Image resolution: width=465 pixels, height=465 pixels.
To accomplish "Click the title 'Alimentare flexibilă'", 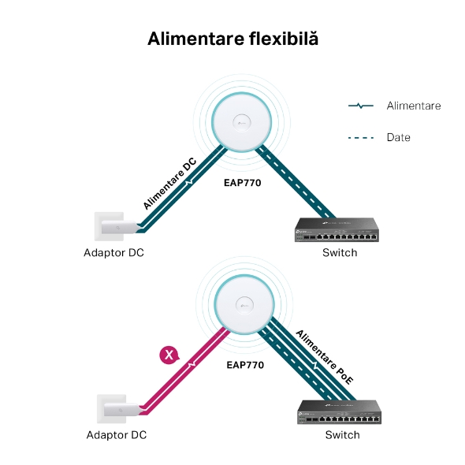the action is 232,39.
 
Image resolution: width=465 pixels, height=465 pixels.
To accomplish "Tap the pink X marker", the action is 169,355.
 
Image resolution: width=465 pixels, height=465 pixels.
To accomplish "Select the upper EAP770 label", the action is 242,183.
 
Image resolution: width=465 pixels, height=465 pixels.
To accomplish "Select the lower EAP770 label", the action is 245,365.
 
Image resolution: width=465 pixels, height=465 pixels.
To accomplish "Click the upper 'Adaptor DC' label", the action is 113,253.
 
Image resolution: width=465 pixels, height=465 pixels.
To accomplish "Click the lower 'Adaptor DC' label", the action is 117,435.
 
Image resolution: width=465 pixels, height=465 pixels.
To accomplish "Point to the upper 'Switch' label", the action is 340,253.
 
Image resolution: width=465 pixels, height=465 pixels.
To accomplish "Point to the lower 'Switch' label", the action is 343,435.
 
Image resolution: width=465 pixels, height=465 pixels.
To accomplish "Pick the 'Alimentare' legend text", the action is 414,106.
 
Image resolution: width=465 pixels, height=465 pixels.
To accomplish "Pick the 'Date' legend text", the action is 399,138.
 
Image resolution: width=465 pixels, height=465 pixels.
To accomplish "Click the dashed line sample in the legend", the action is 361,138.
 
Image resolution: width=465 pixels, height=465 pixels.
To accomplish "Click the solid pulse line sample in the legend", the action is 361,106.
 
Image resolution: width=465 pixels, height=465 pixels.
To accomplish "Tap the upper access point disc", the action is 241,122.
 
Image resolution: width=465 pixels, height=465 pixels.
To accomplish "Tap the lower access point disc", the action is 244,305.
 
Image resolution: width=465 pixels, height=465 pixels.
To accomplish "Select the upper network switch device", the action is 337,230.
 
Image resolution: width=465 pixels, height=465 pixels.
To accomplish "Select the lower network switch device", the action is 339,412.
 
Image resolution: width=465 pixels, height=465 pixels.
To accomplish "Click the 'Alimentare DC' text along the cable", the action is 169,184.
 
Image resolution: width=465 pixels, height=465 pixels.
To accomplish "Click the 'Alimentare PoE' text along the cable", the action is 325,357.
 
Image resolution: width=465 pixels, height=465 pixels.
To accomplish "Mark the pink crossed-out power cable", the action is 184,371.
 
